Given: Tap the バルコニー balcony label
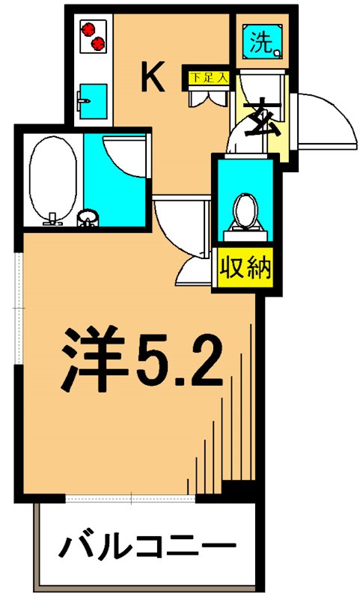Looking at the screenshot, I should [147, 546].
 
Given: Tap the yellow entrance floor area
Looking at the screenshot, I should [273, 139].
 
